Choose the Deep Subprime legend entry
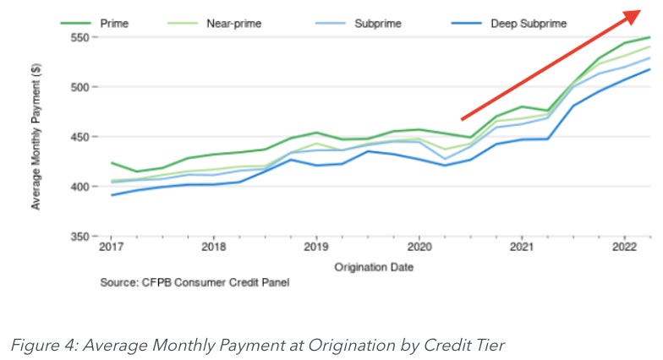click(529, 24)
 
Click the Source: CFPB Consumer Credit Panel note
click(195, 282)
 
